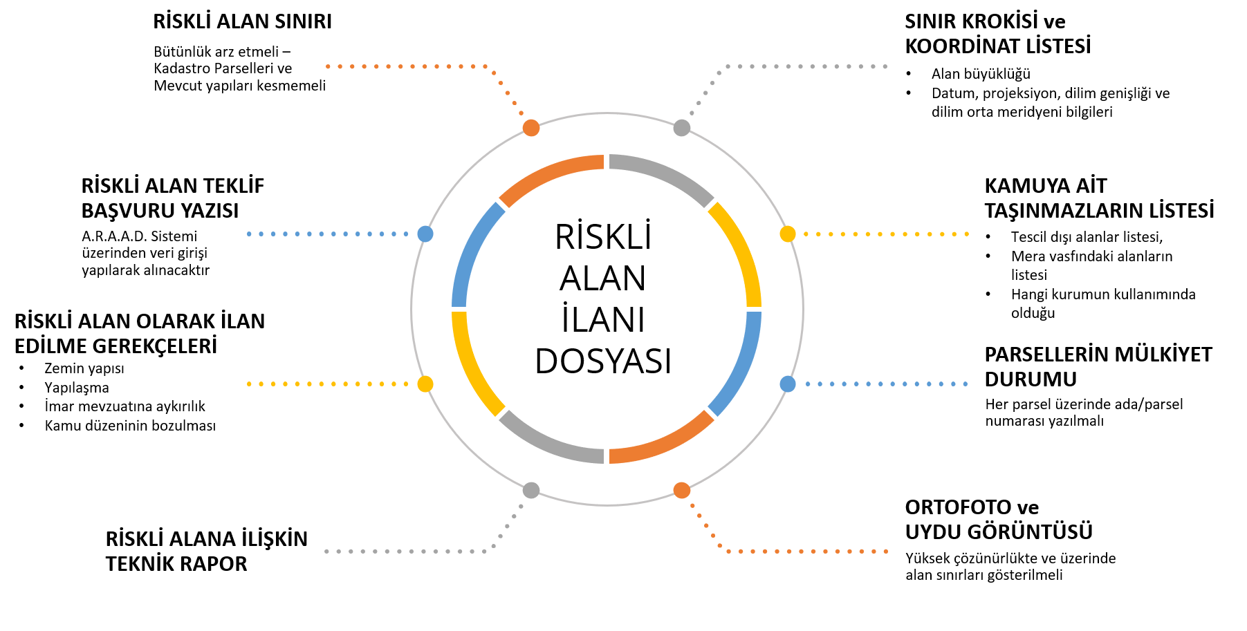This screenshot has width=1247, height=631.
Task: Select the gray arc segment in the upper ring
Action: point(665,173)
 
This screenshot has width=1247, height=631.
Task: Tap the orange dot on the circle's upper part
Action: point(531,128)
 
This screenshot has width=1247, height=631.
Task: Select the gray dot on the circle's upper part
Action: point(682,128)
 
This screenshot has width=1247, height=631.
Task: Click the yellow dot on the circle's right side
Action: point(788,234)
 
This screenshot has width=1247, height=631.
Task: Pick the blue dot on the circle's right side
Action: point(788,384)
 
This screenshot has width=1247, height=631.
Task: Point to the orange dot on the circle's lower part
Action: point(682,490)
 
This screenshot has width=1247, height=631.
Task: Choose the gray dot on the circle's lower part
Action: point(531,490)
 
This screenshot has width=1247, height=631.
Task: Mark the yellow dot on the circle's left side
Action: point(425,384)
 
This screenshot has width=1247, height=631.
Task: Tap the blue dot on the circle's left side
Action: point(425,234)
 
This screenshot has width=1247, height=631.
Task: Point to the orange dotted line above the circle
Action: point(400,66)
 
